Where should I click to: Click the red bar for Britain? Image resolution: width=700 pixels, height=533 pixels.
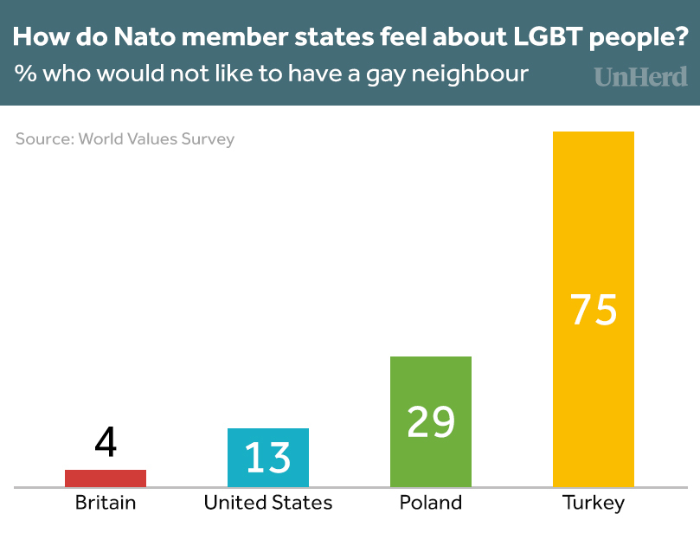(106, 478)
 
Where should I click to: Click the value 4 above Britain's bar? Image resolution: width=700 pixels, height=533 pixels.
(106, 443)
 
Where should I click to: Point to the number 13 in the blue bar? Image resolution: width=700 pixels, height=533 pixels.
(268, 457)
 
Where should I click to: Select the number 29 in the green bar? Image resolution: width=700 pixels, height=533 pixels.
(431, 421)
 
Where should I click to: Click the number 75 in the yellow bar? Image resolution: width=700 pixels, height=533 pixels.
(594, 309)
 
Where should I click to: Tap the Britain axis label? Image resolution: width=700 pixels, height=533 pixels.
(106, 503)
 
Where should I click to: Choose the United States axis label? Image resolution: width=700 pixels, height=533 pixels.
(268, 503)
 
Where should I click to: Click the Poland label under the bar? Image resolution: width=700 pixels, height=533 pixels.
(431, 503)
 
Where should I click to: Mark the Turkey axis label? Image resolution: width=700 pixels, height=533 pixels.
(594, 503)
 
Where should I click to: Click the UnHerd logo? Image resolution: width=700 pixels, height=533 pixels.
(641, 77)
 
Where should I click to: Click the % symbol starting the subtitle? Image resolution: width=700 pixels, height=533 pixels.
(23, 73)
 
